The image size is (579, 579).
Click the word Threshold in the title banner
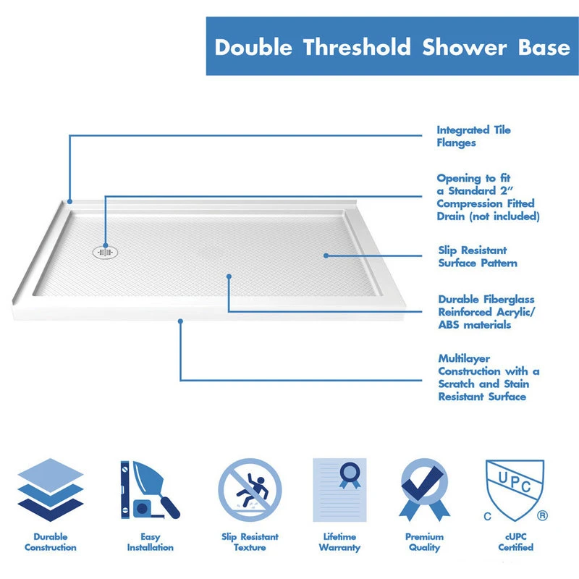(357, 47)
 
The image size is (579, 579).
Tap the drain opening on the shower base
(105, 253)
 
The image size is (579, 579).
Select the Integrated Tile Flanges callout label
(473, 136)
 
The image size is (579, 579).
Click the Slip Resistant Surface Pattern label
(478, 257)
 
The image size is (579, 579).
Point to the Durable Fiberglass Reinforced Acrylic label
(486, 312)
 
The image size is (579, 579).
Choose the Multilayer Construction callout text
(489, 377)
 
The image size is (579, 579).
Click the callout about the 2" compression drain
(488, 197)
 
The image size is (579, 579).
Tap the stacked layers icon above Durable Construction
(51, 490)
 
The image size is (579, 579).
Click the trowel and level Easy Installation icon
(150, 490)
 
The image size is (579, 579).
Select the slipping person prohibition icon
(250, 490)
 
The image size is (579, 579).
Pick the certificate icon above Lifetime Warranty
(339, 490)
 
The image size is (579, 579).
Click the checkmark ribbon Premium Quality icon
(425, 490)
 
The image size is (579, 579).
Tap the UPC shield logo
(515, 490)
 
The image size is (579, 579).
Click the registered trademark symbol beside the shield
(542, 515)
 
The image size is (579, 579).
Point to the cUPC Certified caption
(515, 541)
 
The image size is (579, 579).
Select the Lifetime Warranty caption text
(339, 542)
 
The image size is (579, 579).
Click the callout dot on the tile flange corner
(69, 202)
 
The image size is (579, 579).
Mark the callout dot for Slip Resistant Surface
(326, 255)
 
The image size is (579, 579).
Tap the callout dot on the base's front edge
(180, 321)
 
